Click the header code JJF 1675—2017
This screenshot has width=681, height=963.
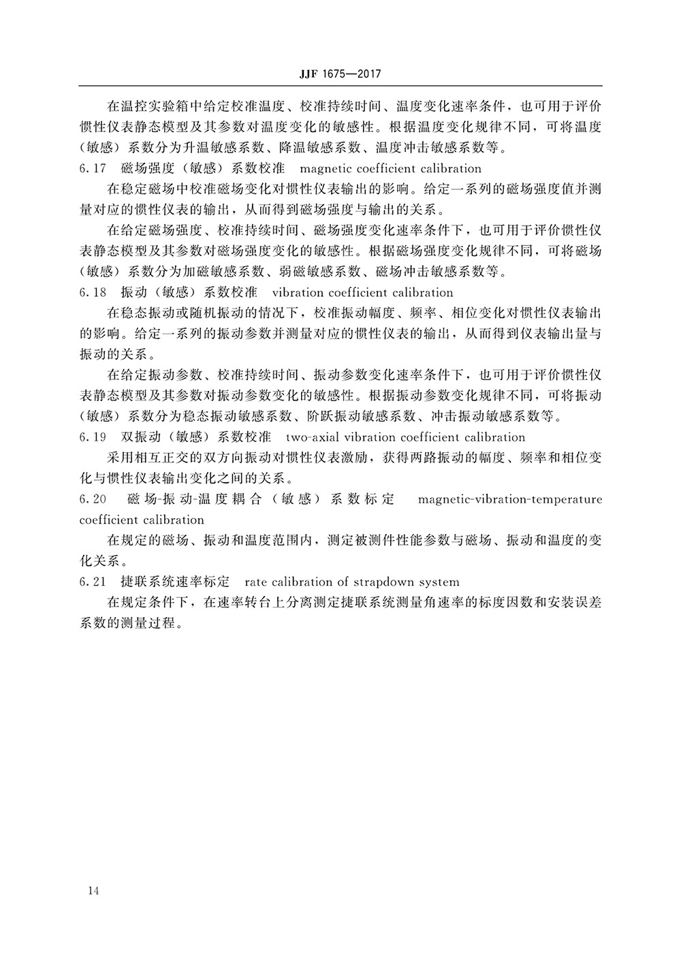(x=340, y=74)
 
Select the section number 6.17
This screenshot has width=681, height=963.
(x=93, y=168)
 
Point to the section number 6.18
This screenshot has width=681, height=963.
(x=93, y=293)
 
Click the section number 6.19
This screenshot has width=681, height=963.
(x=93, y=437)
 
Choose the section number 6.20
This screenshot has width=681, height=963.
(x=93, y=499)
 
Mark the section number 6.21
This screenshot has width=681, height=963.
(x=93, y=582)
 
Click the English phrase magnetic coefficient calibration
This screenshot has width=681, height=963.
(x=390, y=168)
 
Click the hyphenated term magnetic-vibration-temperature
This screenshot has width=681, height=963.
(x=510, y=499)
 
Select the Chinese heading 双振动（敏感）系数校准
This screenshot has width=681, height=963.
(x=195, y=437)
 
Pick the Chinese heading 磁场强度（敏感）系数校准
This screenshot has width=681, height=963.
(x=202, y=168)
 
